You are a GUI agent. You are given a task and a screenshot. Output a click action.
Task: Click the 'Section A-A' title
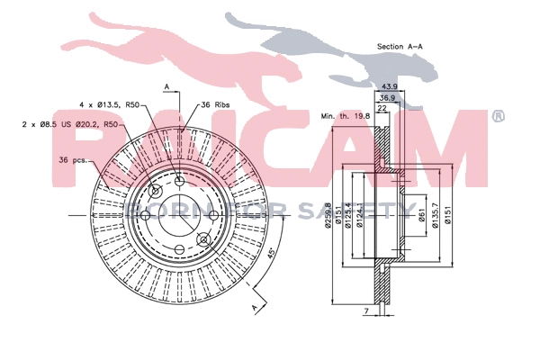(401, 46)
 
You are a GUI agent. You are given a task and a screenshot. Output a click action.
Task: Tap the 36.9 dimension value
(387, 97)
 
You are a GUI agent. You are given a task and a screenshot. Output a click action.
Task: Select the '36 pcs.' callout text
(73, 159)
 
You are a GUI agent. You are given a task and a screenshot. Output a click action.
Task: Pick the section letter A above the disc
(167, 86)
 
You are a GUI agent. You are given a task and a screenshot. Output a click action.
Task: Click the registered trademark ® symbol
(498, 116)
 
